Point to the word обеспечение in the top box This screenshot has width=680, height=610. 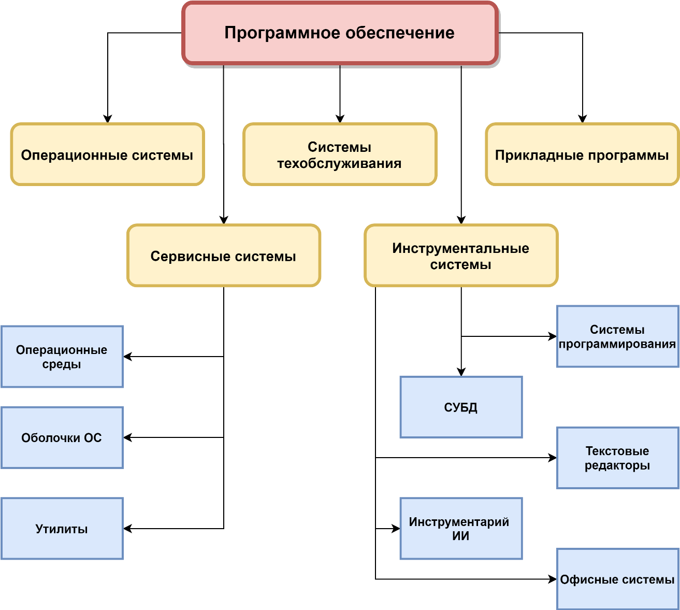tap(400, 33)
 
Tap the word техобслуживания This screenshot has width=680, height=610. tap(339, 164)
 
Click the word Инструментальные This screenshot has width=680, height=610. tap(460, 249)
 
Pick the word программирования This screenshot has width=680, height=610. tap(617, 344)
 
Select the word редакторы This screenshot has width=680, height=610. tap(617, 465)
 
